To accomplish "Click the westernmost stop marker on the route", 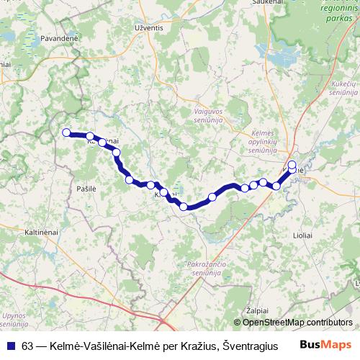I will tap(66, 132).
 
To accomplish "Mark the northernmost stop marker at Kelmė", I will tap(292, 165).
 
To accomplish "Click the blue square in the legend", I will tap(8, 345).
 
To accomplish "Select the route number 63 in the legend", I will tap(26, 345).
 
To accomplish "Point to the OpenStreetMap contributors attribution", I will tap(297, 322).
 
